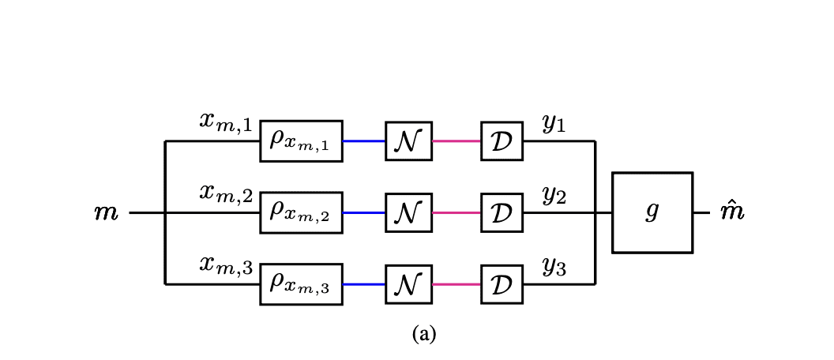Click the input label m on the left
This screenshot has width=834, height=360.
(106, 213)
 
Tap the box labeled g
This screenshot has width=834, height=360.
(652, 212)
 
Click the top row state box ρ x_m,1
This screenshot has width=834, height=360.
(301, 141)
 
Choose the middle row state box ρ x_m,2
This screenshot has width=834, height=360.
(301, 212)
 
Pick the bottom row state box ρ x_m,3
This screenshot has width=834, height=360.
(301, 283)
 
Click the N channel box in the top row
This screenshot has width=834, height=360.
(408, 141)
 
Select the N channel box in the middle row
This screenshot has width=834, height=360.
(408, 212)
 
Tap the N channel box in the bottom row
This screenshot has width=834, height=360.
(408, 283)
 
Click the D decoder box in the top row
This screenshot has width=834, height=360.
(502, 141)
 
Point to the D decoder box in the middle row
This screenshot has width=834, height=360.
(502, 212)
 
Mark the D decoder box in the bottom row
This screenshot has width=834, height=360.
(502, 283)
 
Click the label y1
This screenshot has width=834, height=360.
(554, 124)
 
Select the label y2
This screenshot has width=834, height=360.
(554, 195)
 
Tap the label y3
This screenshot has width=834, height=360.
(554, 267)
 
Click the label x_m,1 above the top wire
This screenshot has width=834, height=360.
(225, 122)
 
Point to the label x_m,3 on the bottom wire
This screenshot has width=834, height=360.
(225, 266)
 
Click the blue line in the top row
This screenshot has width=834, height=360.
(364, 141)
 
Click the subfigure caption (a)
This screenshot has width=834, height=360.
(423, 334)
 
